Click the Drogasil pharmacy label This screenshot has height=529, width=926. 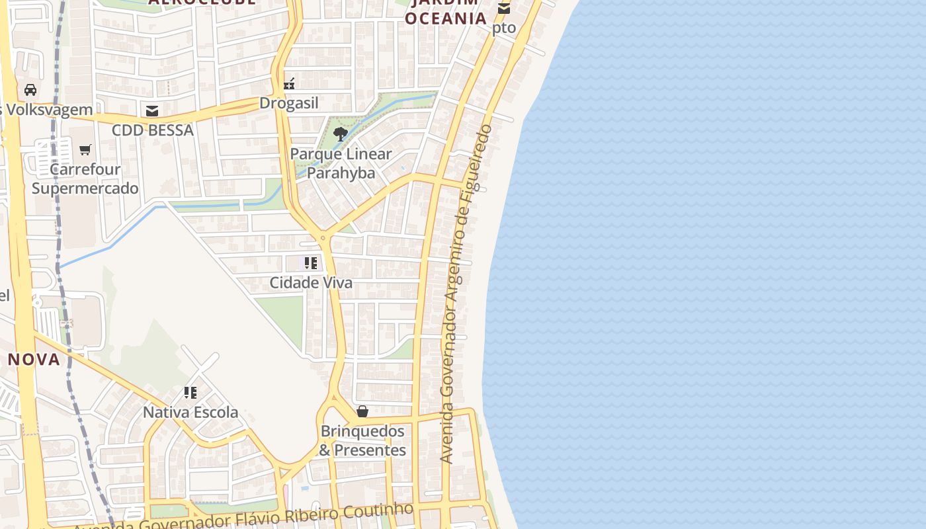(289, 103)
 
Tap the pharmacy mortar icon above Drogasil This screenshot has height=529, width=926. (289, 84)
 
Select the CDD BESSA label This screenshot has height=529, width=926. (153, 130)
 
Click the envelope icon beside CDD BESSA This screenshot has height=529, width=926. (153, 110)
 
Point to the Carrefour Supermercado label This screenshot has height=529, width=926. (85, 179)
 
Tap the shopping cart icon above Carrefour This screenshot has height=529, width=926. (85, 150)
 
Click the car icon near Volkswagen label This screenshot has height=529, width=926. (30, 90)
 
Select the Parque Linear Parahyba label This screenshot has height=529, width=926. (341, 163)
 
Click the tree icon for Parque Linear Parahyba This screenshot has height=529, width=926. (341, 135)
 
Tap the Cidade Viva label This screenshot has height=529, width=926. (311, 282)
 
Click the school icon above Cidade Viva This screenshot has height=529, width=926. (311, 263)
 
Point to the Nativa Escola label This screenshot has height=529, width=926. (190, 412)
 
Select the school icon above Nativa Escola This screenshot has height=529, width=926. (190, 393)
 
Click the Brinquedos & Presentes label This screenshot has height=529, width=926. (362, 440)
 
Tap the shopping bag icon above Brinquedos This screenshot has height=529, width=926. (362, 411)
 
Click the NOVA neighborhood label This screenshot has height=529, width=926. (34, 359)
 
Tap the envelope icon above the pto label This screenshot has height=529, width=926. (504, 9)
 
